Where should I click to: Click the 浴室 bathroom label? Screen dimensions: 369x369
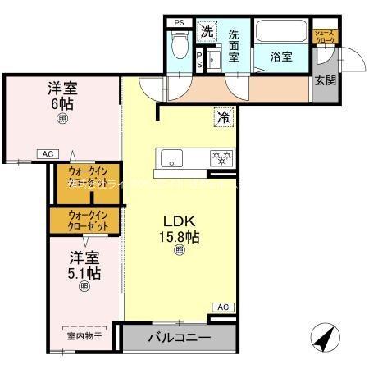coord(283,57)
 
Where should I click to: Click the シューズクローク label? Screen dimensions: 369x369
coord(325,37)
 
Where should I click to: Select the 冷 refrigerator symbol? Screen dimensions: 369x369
coord(222,117)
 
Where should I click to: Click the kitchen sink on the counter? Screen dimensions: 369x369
coord(174,157)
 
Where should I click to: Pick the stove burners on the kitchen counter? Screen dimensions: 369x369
coord(219,157)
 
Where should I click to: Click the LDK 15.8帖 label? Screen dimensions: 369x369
coord(182,229)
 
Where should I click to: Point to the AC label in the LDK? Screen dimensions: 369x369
coord(222,307)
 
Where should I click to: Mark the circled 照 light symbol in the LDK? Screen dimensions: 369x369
coord(179,251)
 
